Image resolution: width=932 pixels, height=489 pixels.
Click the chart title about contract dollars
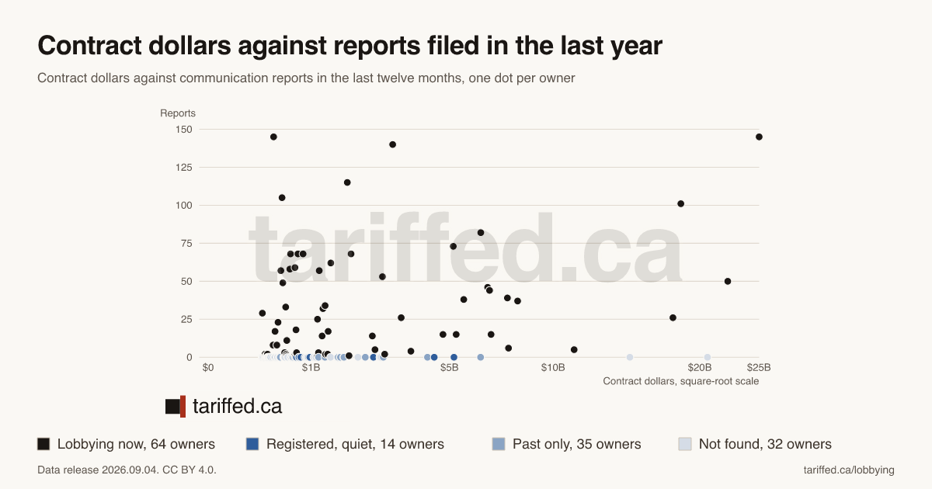(349, 46)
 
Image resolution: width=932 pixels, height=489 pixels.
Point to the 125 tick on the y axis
(184, 168)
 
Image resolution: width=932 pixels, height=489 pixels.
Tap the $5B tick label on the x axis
(450, 368)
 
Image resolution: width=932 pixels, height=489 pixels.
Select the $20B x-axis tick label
(700, 368)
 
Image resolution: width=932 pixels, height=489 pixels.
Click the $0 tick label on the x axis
(208, 368)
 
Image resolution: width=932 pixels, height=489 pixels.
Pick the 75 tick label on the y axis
(187, 243)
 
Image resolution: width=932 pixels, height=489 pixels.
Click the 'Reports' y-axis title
(178, 113)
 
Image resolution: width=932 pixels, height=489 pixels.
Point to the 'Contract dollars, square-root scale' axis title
(680, 381)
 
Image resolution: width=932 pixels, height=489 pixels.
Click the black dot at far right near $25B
(759, 137)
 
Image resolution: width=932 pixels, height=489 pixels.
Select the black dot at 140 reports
(392, 144)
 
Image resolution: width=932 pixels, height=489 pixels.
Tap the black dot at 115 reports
(347, 182)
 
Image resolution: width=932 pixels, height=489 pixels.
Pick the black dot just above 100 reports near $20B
(680, 203)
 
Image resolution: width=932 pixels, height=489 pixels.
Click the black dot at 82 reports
(481, 233)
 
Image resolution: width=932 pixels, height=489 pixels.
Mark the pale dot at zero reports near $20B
(708, 357)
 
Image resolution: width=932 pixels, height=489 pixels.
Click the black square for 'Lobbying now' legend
(43, 444)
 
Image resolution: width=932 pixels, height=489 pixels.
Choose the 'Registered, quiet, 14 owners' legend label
(355, 444)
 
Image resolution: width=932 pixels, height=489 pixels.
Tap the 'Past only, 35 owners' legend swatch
(499, 444)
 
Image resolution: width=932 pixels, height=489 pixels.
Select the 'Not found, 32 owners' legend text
(765, 444)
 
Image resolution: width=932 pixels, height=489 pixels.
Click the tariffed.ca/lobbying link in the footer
(849, 470)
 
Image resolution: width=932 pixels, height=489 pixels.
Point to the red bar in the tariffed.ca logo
(183, 406)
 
